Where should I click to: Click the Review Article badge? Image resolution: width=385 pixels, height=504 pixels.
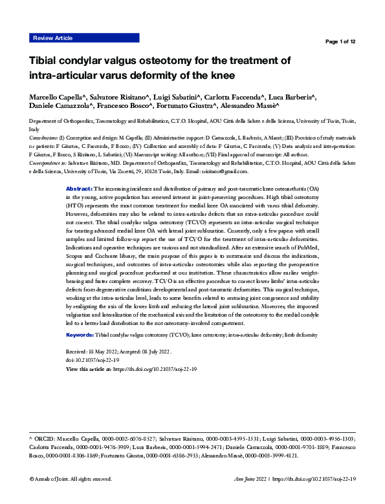coord(52,38)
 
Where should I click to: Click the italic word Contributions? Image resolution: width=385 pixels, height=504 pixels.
coord(45,138)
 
